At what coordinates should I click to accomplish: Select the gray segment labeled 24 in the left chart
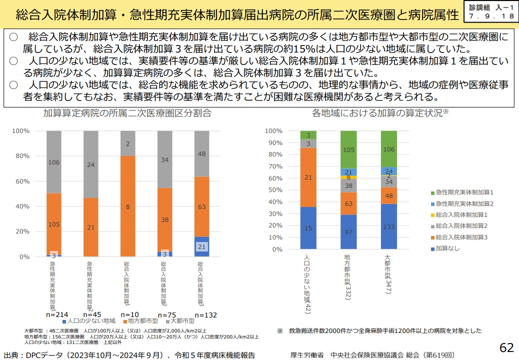click(x=90, y=164)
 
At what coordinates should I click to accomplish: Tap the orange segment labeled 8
click(x=127, y=206)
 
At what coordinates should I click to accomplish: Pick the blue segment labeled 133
click(x=388, y=226)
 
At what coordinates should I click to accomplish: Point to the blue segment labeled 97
click(x=348, y=231)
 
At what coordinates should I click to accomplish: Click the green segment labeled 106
click(x=388, y=149)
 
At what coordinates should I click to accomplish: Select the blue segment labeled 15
click(x=308, y=228)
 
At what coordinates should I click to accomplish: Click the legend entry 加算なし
click(x=447, y=248)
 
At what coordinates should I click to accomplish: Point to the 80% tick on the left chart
click(x=22, y=156)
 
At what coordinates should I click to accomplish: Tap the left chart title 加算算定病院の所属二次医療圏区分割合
click(x=127, y=113)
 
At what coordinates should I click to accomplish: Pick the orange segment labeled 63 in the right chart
click(x=348, y=203)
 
